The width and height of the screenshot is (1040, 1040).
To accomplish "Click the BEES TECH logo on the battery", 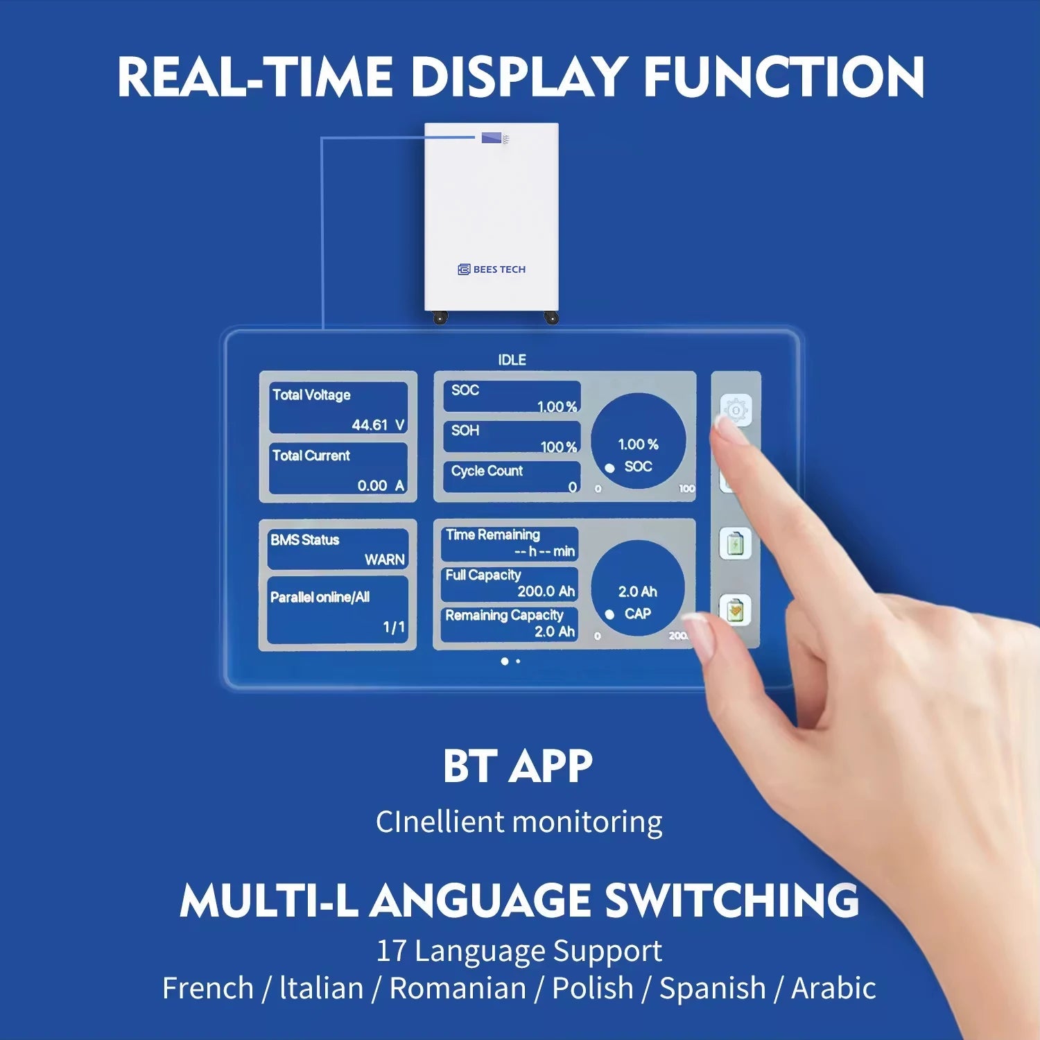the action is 492,269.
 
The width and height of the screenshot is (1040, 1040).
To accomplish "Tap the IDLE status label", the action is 512,360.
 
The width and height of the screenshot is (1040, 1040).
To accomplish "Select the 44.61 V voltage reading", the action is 378,424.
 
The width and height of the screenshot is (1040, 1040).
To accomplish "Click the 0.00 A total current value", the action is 381,485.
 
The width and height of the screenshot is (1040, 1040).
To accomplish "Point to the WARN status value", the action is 385,560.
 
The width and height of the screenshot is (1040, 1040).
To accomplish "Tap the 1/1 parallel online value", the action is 394,627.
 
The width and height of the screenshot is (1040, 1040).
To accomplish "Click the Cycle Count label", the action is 487,471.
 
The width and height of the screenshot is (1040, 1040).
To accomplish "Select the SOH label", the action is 465,431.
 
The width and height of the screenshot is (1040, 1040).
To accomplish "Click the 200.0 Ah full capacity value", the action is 546,591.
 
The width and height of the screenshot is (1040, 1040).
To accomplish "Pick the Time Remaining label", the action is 493,535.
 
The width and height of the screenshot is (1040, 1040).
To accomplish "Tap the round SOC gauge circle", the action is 638,441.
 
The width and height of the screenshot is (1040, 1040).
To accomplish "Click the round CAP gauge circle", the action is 638,588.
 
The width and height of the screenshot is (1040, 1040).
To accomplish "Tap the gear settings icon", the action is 736,410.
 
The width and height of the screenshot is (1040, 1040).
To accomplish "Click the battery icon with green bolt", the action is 736,544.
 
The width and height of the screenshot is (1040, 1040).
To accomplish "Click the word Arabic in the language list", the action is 833,988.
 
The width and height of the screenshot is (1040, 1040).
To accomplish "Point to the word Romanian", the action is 458,988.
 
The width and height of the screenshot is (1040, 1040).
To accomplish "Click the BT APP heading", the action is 518,766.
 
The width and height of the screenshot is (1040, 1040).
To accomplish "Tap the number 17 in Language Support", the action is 390,951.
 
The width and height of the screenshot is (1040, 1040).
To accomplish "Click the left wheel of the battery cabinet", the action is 440,318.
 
